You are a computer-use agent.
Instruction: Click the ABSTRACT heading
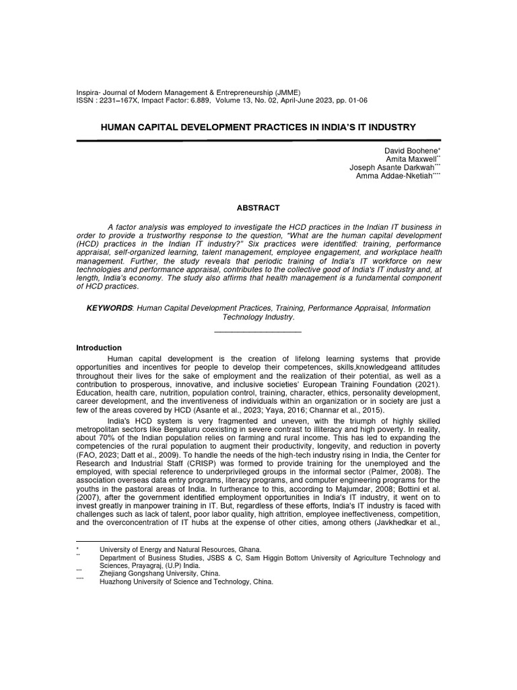(258, 209)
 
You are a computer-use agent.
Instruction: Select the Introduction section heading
(100, 348)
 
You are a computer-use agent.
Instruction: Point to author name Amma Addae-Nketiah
(396, 176)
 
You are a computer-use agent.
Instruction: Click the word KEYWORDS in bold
(108, 307)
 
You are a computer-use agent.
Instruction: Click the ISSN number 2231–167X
(123, 100)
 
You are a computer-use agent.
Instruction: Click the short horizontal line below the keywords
(257, 331)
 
